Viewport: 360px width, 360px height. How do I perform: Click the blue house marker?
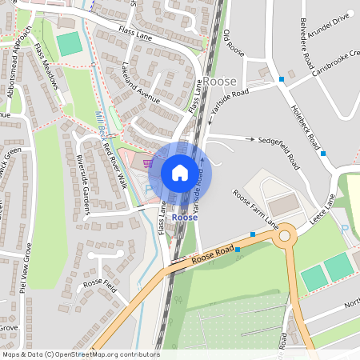(x=180, y=172)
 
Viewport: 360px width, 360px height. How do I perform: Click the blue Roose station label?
(x=185, y=217)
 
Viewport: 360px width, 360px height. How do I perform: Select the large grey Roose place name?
(x=219, y=82)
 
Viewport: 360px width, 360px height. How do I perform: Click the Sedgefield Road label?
(x=278, y=139)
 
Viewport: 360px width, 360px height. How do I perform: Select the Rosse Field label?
(x=101, y=284)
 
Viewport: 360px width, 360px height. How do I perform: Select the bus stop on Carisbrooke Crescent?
(x=282, y=78)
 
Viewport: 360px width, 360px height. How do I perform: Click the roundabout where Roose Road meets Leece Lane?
(x=286, y=236)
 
